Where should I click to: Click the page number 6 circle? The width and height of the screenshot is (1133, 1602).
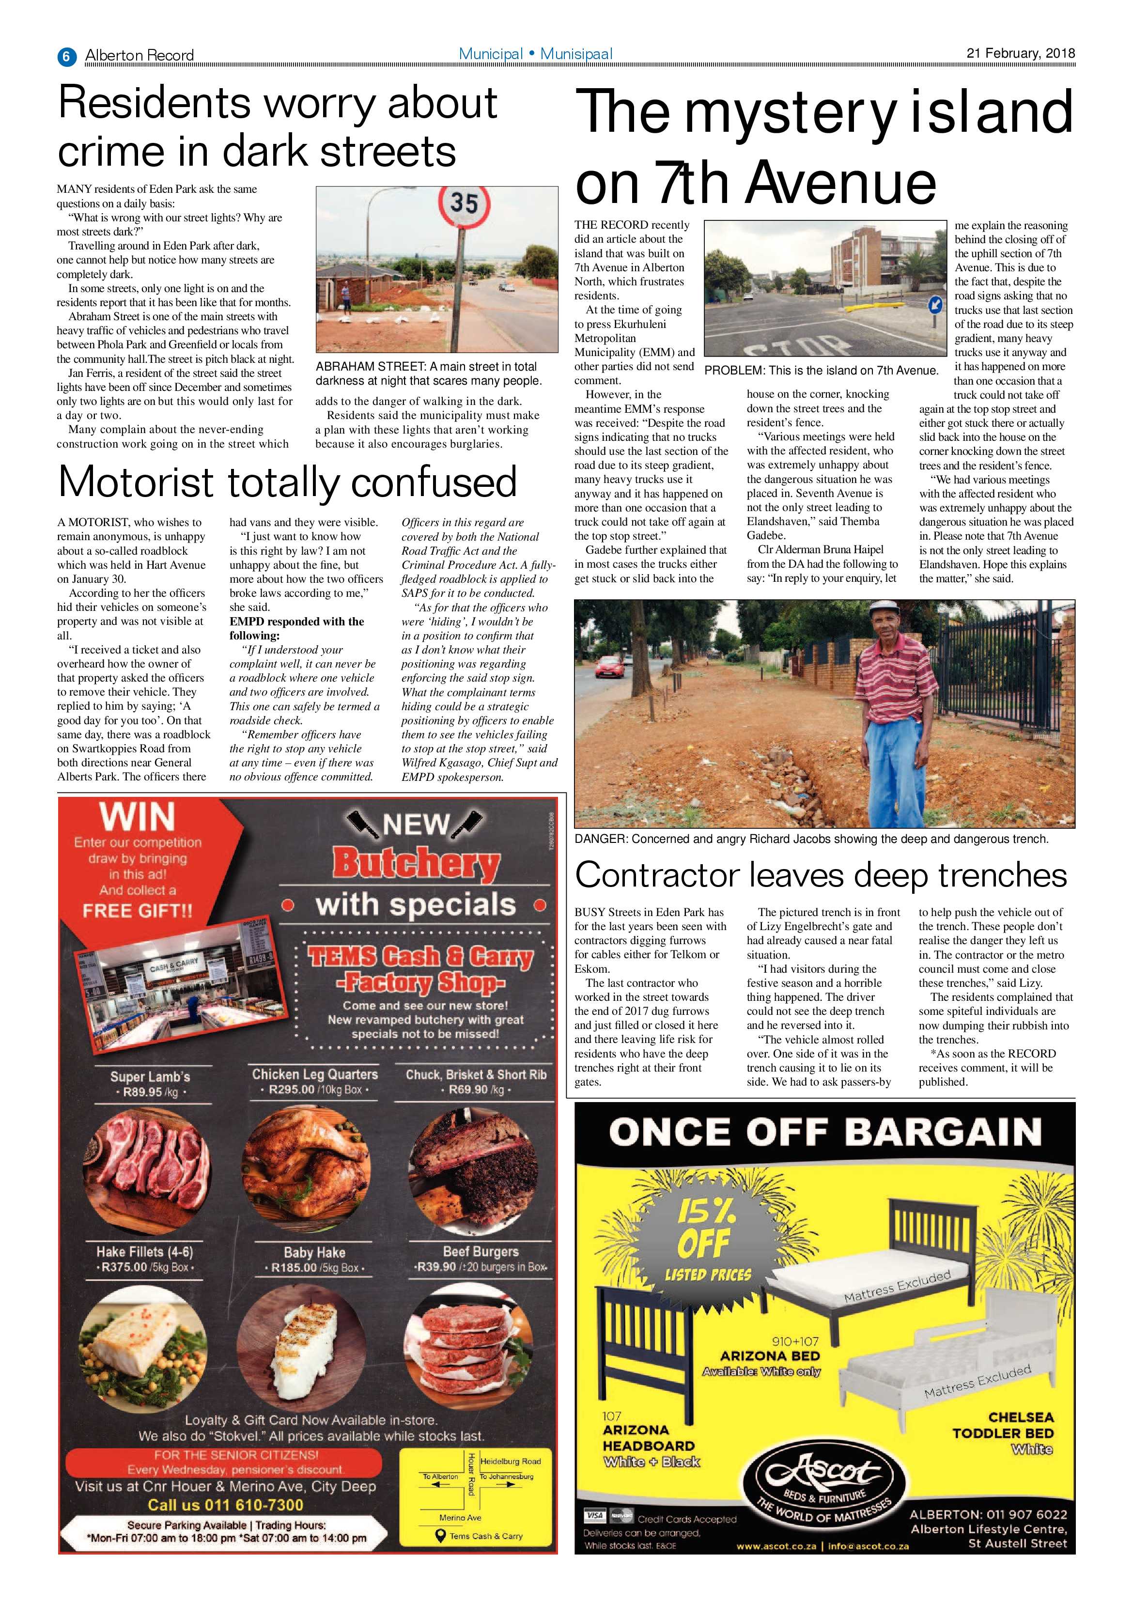[66, 56]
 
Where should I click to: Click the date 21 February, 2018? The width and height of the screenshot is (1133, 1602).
[1020, 53]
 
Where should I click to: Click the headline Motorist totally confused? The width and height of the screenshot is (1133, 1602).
[287, 482]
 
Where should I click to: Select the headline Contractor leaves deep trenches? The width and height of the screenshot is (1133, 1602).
[821, 874]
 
